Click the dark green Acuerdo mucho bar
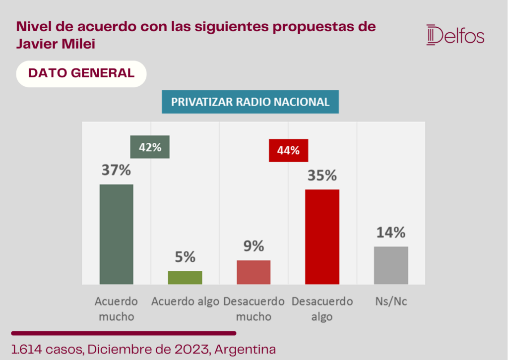pyautogui.click(x=116, y=235)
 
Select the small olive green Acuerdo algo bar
pyautogui.click(x=185, y=278)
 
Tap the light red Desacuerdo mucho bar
pyautogui.click(x=254, y=272)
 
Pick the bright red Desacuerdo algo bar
pyautogui.click(x=322, y=237)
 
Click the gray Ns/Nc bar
pyautogui.click(x=391, y=265)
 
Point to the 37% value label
pyautogui.click(x=116, y=170)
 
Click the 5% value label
pyautogui.click(x=185, y=257)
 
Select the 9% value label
pyautogui.click(x=254, y=246)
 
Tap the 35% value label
pyautogui.click(x=322, y=176)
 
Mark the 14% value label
pyautogui.click(x=391, y=233)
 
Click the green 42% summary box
pyautogui.click(x=150, y=147)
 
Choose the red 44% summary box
pyautogui.click(x=288, y=151)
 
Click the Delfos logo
pyautogui.click(x=455, y=35)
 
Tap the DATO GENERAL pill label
pyautogui.click(x=81, y=74)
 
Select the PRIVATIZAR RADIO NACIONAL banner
pyautogui.click(x=250, y=102)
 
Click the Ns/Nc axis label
pyautogui.click(x=391, y=301)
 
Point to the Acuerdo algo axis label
pyautogui.click(x=186, y=301)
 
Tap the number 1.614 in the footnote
pyautogui.click(x=27, y=350)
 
